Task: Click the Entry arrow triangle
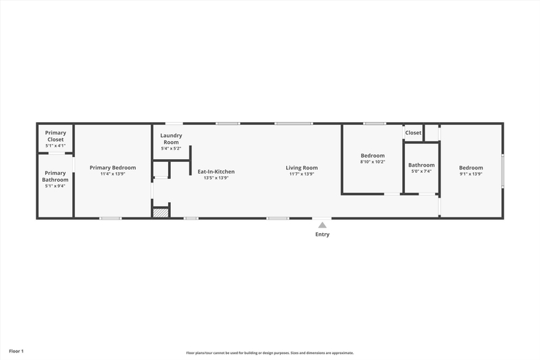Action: (322, 225)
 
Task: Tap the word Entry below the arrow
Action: (322, 235)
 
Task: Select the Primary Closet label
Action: (56, 136)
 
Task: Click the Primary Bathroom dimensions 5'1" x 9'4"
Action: (55, 186)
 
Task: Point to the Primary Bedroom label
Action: (113, 167)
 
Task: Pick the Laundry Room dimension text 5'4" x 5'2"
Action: (171, 148)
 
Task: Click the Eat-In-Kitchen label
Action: (216, 171)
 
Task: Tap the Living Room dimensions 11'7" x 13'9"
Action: (302, 173)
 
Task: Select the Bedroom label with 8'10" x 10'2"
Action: (373, 156)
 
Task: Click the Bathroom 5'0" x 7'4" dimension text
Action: (421, 171)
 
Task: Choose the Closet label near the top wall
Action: (413, 132)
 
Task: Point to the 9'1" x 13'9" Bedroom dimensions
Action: (471, 173)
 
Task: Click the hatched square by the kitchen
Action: (161, 213)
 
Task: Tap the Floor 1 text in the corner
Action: (16, 351)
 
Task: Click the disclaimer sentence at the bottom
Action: (270, 352)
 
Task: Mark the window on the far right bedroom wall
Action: (502, 171)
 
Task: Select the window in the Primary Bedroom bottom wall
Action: (110, 218)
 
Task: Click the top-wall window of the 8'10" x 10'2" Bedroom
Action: (375, 123)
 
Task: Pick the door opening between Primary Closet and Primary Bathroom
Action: (56, 153)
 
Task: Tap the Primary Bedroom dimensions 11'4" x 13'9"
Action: (113, 173)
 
